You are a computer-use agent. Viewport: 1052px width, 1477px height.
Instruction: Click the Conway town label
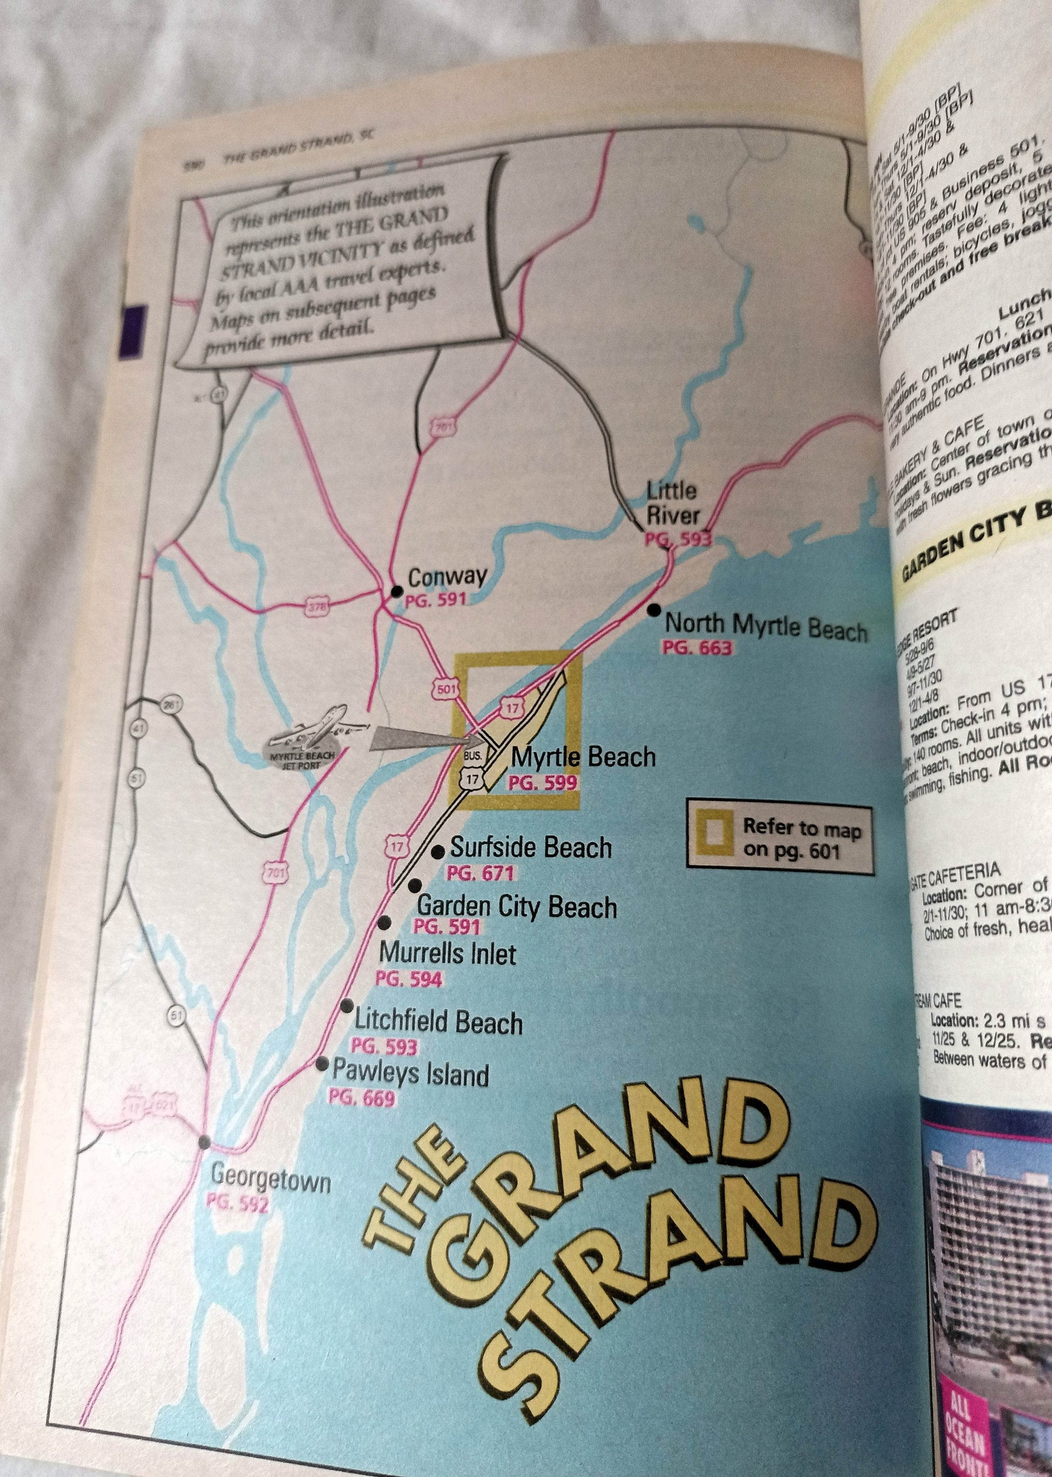(x=447, y=576)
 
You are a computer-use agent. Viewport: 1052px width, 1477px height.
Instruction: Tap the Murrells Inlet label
(x=447, y=954)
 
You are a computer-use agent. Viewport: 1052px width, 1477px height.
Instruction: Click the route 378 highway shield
(x=317, y=607)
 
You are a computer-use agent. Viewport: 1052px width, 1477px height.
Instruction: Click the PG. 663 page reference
(x=696, y=647)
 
